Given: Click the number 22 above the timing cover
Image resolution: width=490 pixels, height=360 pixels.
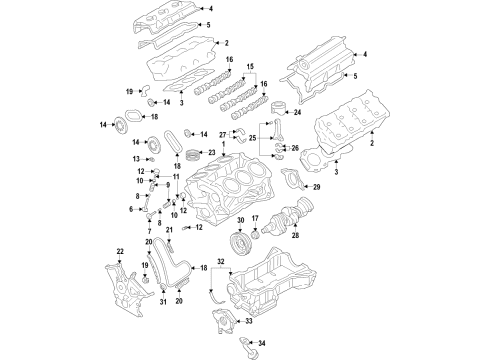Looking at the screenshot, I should [121, 251].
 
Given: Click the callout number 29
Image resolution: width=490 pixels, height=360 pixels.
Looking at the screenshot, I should [317, 187].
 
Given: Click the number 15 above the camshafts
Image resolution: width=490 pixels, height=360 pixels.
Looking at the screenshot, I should [250, 65].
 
